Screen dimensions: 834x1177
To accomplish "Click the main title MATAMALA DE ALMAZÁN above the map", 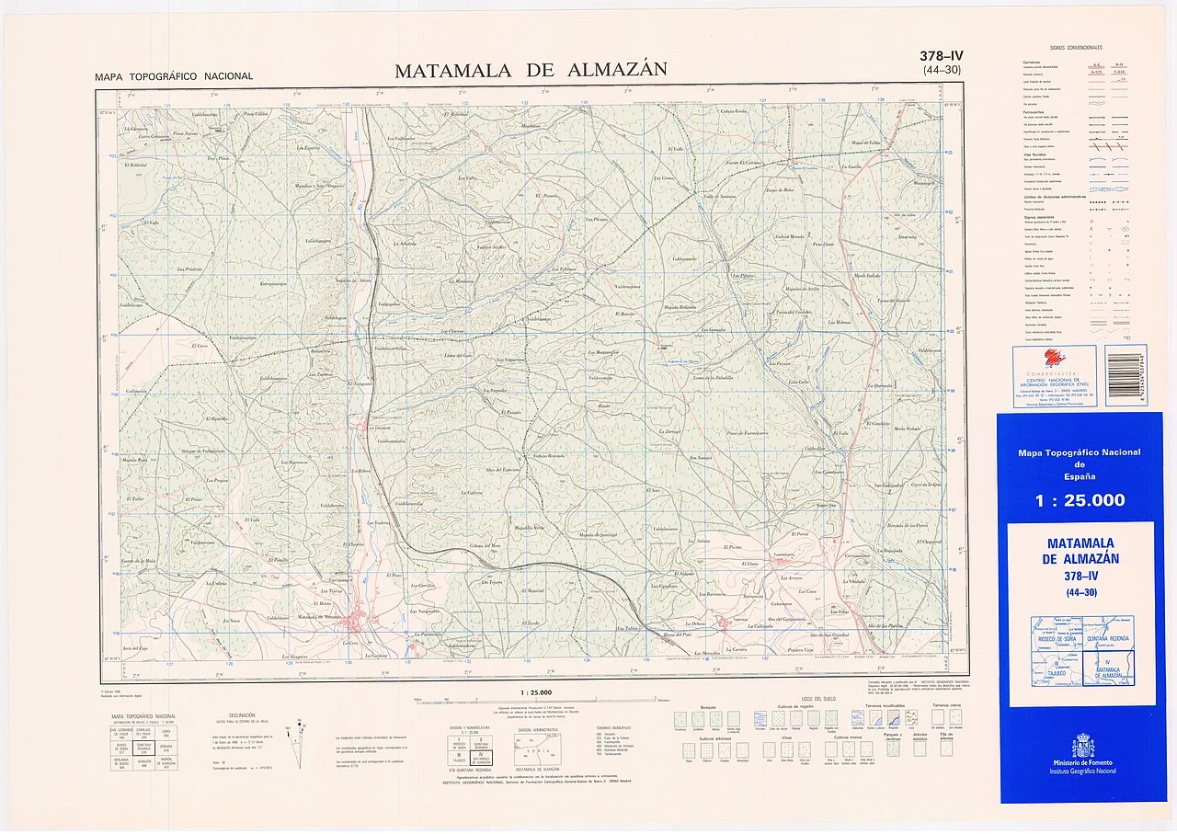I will point(531,71).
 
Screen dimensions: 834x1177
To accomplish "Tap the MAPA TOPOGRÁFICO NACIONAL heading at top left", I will point(174,76).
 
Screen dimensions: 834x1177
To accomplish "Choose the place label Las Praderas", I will point(189,269).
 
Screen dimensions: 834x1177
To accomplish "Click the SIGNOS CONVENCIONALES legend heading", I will point(1076,47).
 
